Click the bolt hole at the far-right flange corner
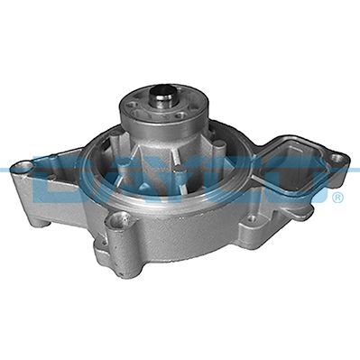click(x=336, y=160)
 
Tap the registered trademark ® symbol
click(x=337, y=198)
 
